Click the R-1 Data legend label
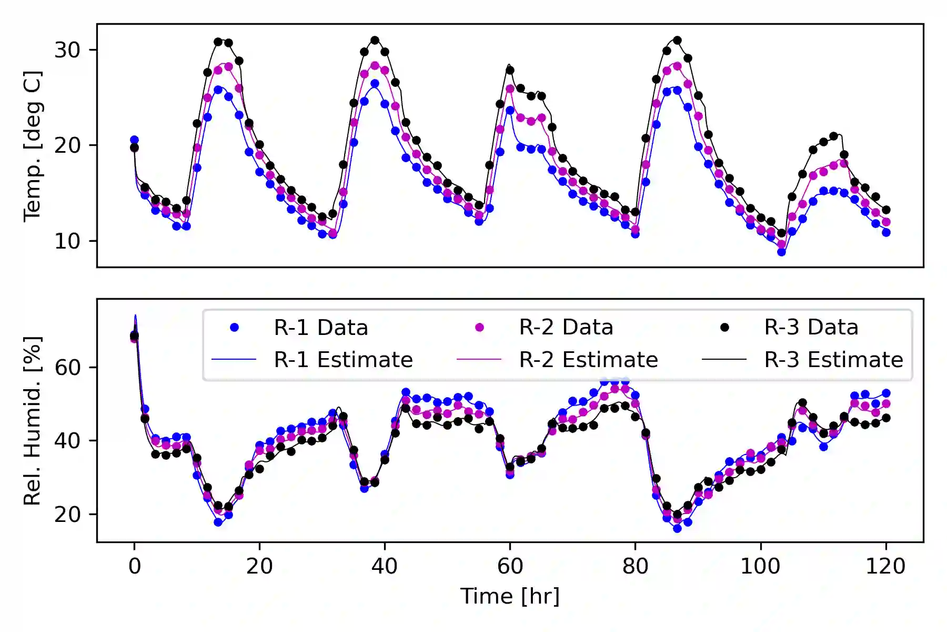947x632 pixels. coord(320,328)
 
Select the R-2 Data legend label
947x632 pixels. coord(566,328)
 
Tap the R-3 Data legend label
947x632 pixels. coord(811,328)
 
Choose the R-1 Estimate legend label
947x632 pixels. coord(343,360)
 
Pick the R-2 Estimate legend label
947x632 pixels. coord(588,360)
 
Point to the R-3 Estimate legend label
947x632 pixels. coord(833,360)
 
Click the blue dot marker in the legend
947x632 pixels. coord(234,328)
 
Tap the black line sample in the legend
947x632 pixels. coord(724,360)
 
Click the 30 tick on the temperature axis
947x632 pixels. coord(67,50)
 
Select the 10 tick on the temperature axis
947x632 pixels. coord(67,241)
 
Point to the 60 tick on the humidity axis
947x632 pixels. coord(67,367)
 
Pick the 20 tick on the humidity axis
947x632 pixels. coord(67,515)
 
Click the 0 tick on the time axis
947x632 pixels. coord(135,566)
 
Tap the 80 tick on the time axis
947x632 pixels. coord(635,566)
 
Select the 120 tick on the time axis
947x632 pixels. coord(885,566)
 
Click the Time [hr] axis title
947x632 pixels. coord(510,596)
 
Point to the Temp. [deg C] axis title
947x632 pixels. coord(32,146)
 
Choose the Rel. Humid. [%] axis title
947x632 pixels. coord(32,420)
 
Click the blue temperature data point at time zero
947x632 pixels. coord(134,140)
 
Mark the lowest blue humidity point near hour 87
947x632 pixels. coord(677,528)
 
